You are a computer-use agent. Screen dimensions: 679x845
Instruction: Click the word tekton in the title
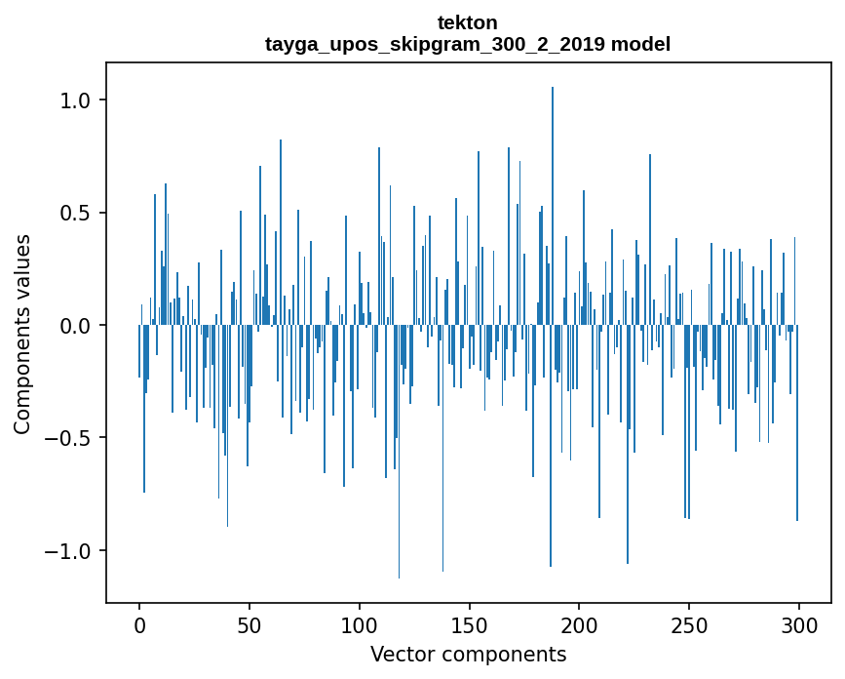click(x=468, y=22)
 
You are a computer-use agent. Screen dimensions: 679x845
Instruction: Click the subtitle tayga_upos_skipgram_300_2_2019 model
click(x=468, y=44)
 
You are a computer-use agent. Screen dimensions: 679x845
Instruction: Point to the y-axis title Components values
click(x=21, y=334)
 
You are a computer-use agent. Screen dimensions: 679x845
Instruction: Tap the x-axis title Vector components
click(x=468, y=654)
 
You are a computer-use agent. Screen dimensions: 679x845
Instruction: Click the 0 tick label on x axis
click(x=139, y=624)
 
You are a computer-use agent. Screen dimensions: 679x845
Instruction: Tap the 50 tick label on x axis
click(x=250, y=624)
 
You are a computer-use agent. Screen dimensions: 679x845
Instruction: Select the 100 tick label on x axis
click(x=360, y=624)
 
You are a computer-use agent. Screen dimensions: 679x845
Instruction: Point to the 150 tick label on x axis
click(x=470, y=624)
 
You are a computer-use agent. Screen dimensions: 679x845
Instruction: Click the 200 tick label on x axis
click(x=579, y=624)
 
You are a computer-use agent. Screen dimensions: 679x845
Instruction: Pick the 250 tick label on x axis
click(x=689, y=624)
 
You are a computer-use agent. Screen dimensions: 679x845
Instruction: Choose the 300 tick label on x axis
click(x=799, y=624)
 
